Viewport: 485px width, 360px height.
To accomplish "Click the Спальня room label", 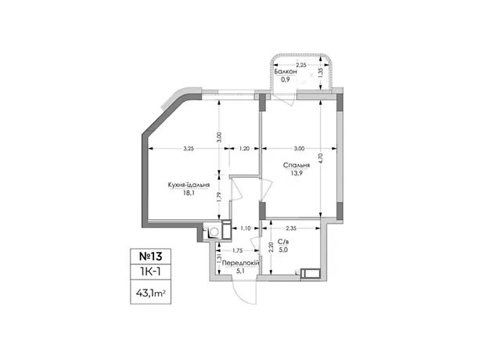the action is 296,165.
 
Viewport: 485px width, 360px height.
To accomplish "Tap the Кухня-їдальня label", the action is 189,185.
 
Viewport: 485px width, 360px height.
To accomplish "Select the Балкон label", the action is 286,71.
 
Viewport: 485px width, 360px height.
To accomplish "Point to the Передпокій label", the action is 241,263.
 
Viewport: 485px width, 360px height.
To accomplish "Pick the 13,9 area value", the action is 296,173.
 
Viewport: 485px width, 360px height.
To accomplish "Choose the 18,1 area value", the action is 189,193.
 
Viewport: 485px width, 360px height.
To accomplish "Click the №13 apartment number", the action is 151,256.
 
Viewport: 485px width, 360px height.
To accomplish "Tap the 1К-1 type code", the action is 151,272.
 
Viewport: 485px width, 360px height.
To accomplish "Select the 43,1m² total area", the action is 151,293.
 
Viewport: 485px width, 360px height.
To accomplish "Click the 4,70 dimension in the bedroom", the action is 321,158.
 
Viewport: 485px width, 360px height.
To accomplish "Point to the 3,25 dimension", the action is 189,149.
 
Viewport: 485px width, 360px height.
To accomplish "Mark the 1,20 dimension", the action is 244,149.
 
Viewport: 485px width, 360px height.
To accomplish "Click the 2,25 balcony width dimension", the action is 301,65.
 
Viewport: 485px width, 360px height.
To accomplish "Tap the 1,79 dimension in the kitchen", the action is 219,197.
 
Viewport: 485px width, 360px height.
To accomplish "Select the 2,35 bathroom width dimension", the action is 291,229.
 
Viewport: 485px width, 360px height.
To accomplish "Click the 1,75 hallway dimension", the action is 237,250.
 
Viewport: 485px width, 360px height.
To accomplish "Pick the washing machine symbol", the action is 214,231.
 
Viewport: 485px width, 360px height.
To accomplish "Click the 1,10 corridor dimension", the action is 246,229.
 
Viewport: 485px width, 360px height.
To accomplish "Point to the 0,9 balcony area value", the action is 286,80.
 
